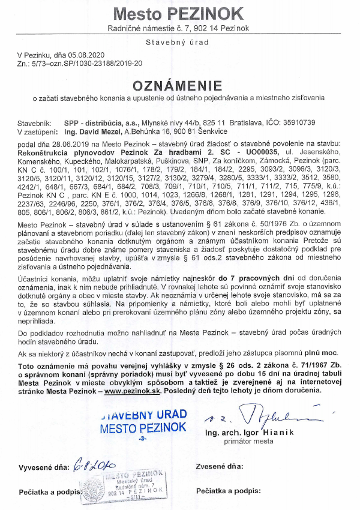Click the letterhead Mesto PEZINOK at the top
pyautogui.click(x=179, y=13)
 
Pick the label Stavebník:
pyautogui.click(x=35, y=122)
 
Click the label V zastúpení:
pyautogui.click(x=38, y=131)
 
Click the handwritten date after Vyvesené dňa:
pyautogui.click(x=93, y=466)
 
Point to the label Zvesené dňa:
pyautogui.click(x=220, y=466)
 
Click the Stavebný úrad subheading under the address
pyautogui.click(x=179, y=43)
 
